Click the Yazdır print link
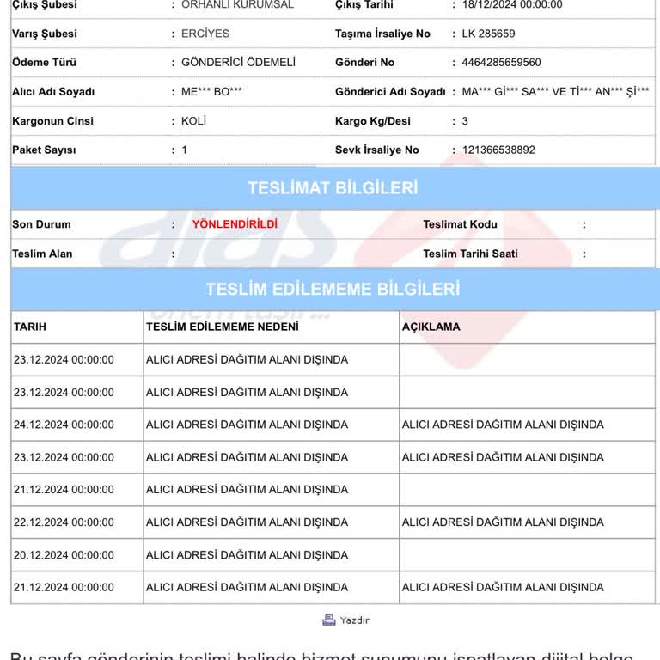pos(354,620)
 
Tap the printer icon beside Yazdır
pos(329,620)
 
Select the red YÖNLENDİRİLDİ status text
pos(235,224)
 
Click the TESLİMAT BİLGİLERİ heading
pos(333,188)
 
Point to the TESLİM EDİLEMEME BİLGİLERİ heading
pos(333,290)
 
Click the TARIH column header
pos(30,327)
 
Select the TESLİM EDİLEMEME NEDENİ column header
pos(223,327)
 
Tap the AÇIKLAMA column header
pos(431,327)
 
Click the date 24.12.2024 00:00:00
pos(64,425)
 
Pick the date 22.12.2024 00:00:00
pos(64,522)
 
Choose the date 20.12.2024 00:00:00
pos(64,555)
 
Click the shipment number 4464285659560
pos(501,63)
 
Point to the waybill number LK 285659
pos(488,34)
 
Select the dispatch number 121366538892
pos(498,150)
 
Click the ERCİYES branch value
pos(205,34)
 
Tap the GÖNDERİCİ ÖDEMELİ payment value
pos(238,63)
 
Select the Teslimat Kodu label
pos(460,224)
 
